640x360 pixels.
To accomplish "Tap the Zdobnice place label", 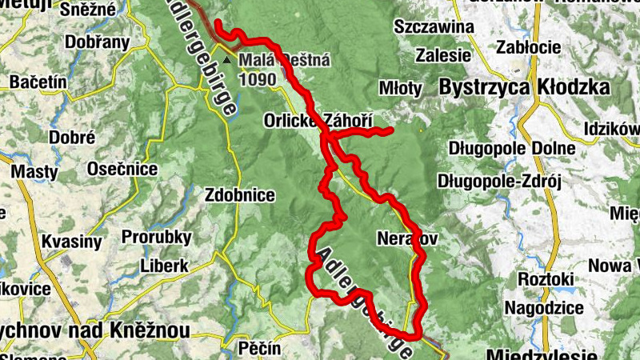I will click(x=240, y=194).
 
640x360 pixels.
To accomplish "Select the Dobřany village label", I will click(x=82, y=45).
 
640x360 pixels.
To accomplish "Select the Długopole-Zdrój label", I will click(x=500, y=182).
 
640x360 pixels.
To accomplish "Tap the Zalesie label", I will click(x=442, y=56).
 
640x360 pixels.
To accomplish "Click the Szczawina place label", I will click(x=434, y=27).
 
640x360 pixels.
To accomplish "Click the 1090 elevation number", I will click(x=258, y=79).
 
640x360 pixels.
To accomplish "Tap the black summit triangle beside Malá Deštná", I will click(x=228, y=60).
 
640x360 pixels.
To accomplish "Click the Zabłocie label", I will click(x=527, y=46).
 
